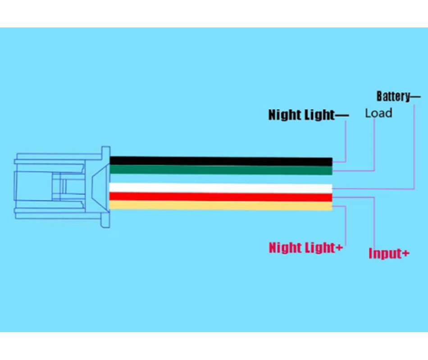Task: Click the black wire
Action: pyautogui.click(x=221, y=161)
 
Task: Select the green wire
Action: pyautogui.click(x=221, y=170)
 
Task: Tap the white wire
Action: pyautogui.click(x=221, y=188)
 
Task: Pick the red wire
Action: pyautogui.click(x=221, y=197)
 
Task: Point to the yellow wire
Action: pyautogui.click(x=221, y=206)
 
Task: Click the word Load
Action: pyautogui.click(x=378, y=113)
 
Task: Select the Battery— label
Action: pyautogui.click(x=398, y=96)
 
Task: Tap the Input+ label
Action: pyautogui.click(x=389, y=253)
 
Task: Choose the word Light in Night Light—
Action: pyautogui.click(x=318, y=115)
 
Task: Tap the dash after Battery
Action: pyautogui.click(x=415, y=96)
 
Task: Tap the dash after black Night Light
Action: pyautogui.click(x=342, y=115)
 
